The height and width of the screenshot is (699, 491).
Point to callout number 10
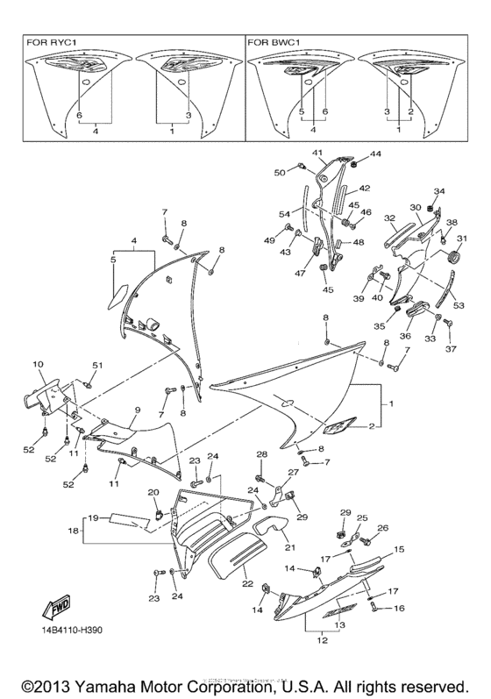[38, 363]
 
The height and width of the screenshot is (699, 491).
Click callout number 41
[317, 153]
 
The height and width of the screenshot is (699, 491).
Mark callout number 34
[439, 191]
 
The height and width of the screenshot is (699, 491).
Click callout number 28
[260, 453]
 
